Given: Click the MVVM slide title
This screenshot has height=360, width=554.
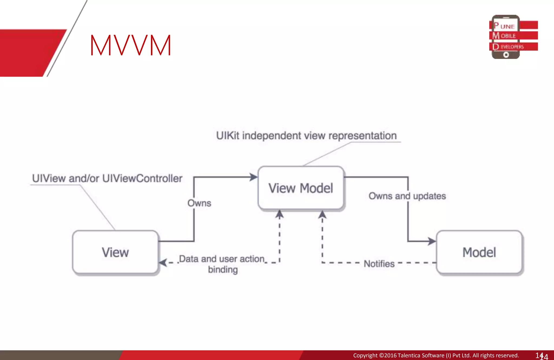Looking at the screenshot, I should coord(131,45).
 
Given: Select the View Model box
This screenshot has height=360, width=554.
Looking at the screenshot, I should coord(301,188).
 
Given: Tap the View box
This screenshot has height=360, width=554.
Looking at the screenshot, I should coord(115,252).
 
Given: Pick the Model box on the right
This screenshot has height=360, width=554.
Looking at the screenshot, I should coord(479,252).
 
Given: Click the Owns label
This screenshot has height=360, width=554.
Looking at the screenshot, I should coord(199,203).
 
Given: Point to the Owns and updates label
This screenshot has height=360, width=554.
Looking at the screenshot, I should coord(407,196).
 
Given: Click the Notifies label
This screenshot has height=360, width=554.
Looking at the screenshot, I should coord(379,263).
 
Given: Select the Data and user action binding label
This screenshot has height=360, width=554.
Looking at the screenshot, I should coord(222,264).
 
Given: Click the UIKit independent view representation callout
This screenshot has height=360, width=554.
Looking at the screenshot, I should coord(306,136).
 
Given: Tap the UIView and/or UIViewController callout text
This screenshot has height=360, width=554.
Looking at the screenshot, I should coord(107,179).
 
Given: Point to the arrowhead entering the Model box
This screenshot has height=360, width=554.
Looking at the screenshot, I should coord(432,241).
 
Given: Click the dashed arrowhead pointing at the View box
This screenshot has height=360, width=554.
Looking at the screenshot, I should coord(163,262).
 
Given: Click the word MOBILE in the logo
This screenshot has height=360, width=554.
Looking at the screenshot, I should coord(508,36).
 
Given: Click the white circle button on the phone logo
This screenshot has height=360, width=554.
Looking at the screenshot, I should coord(506,55).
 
